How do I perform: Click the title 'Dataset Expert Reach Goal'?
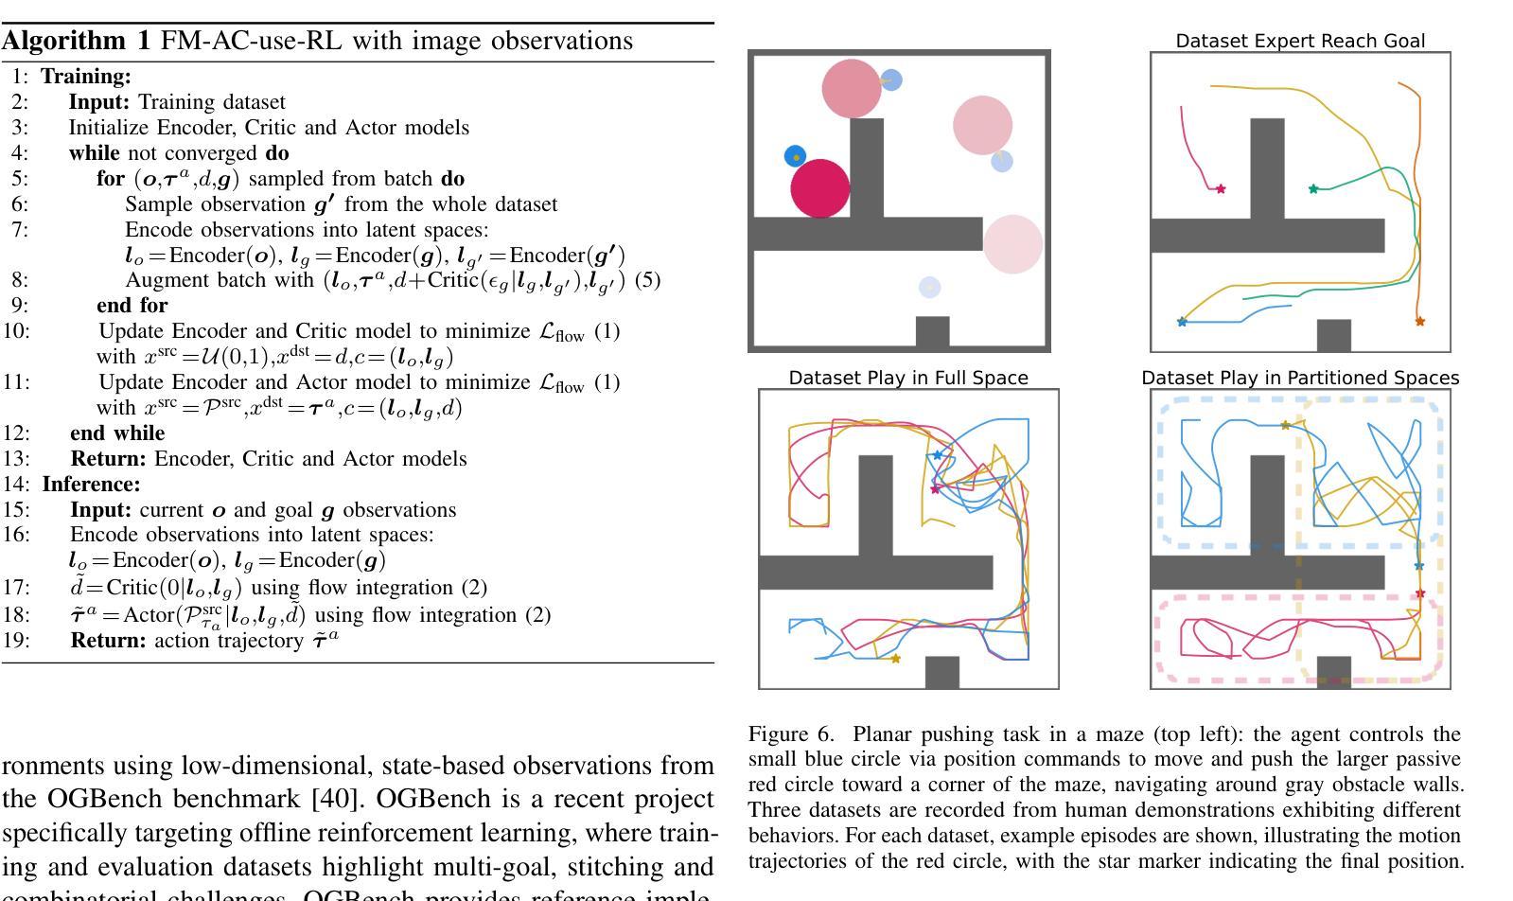[1300, 42]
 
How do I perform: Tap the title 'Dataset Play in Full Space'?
[908, 378]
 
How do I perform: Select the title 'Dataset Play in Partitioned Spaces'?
[1300, 378]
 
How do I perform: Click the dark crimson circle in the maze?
[820, 188]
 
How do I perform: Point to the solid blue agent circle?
[795, 156]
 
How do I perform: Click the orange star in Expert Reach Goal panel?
[1419, 322]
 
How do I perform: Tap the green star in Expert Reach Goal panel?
[1313, 189]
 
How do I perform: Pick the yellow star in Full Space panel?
[896, 659]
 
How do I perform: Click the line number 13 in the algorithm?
[16, 459]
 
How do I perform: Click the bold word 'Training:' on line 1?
[86, 77]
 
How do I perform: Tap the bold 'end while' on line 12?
[117, 433]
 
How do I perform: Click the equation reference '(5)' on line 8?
[648, 279]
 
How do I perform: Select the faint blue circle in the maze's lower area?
[930, 287]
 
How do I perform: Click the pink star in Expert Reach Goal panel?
[1221, 189]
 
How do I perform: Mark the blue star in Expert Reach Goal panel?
[1182, 322]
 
